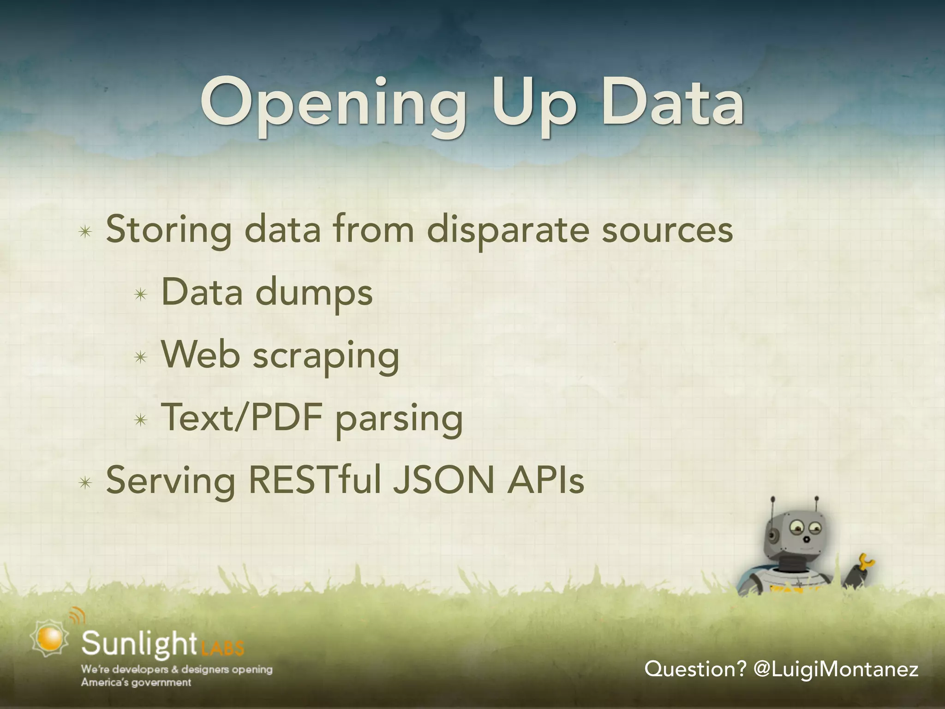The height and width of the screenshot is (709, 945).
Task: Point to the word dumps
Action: (x=314, y=294)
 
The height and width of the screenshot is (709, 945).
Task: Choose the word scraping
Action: (x=326, y=356)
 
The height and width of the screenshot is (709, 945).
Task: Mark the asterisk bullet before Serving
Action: (x=85, y=483)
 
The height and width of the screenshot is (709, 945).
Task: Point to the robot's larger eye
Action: (x=796, y=526)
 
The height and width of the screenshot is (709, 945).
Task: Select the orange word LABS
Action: (x=222, y=648)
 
